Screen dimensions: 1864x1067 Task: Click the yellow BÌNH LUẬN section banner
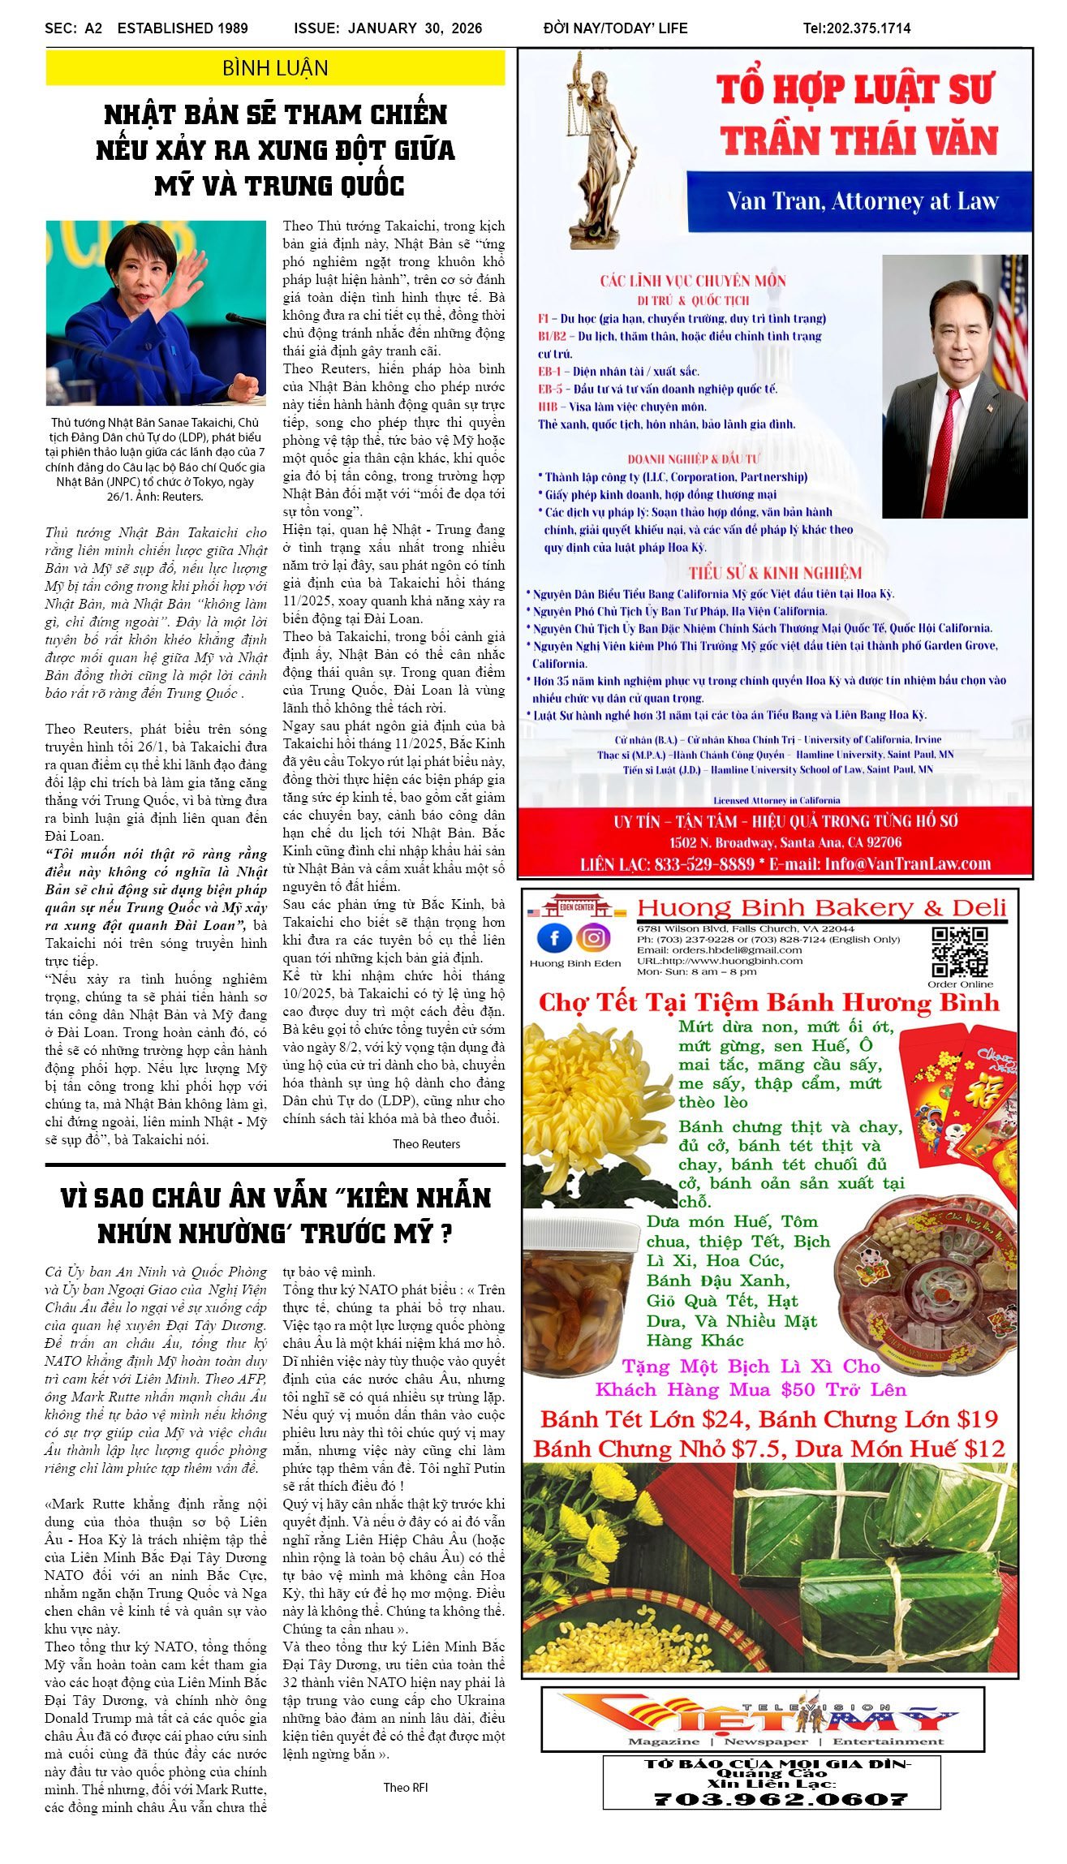point(275,68)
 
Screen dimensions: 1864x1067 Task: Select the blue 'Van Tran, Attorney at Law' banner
point(859,201)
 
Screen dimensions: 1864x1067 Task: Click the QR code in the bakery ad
point(959,951)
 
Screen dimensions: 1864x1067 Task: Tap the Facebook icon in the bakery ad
point(554,938)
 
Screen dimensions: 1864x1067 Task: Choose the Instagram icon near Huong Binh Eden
point(594,938)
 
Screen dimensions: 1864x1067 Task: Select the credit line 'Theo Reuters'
point(426,1143)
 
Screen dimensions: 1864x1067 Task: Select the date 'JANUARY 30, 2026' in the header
point(415,28)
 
